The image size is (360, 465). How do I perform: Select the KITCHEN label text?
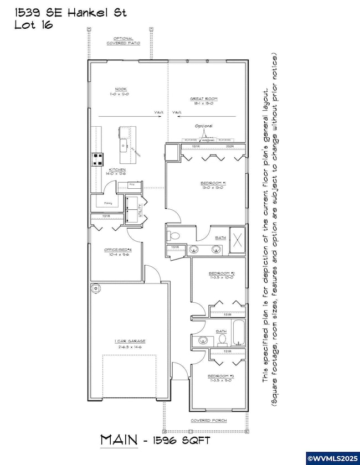pos(117,169)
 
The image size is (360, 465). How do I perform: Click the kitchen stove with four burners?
pos(97,159)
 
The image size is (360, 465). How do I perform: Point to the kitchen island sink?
pos(133,148)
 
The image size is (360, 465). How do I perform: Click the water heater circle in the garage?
pos(96,288)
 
